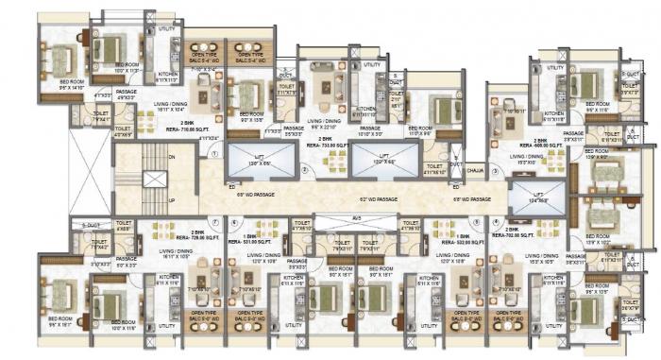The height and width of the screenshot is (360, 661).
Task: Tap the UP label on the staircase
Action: tap(171, 200)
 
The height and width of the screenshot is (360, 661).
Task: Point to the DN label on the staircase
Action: tap(171, 157)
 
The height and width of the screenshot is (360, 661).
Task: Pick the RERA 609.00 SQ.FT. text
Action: tap(547, 146)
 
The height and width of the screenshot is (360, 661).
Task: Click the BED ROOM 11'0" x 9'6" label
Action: tap(422, 129)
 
